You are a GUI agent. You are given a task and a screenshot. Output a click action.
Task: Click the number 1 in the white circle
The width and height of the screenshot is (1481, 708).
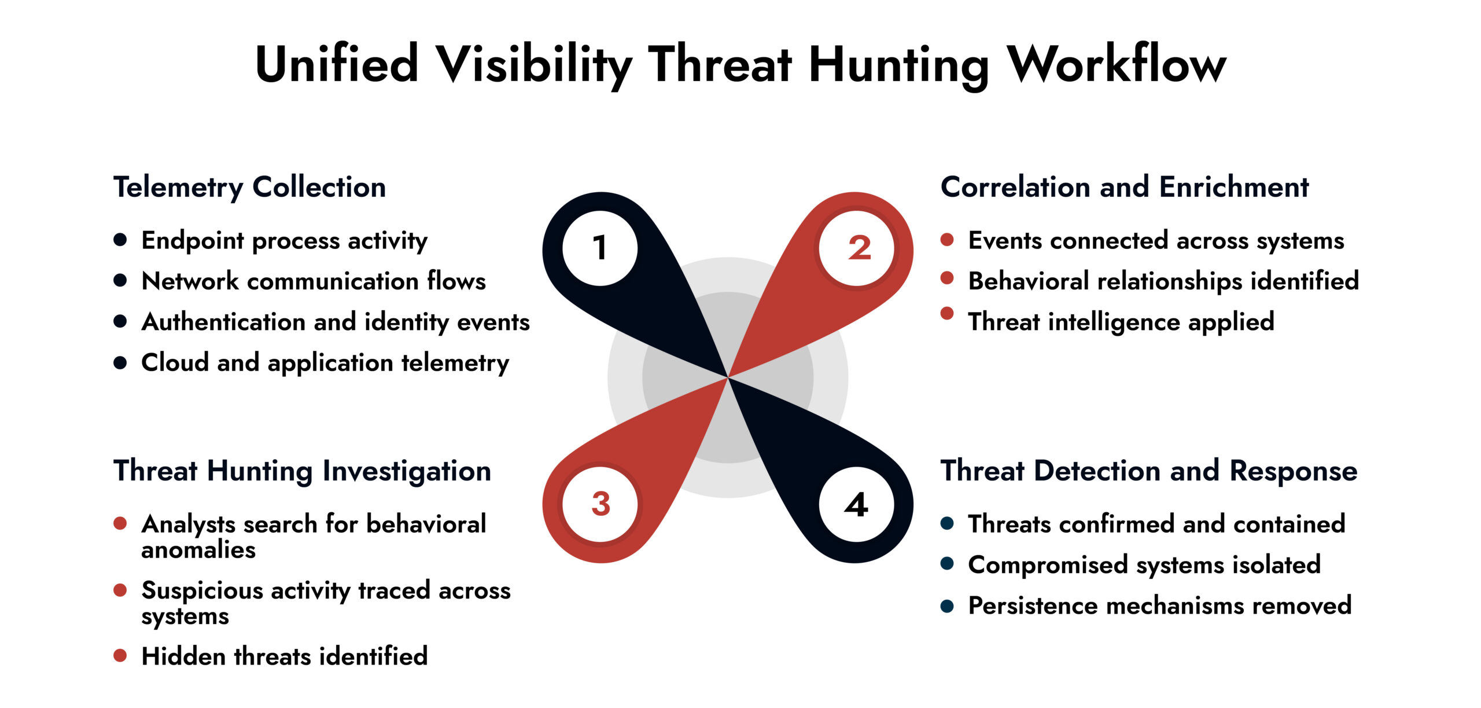pos(600,248)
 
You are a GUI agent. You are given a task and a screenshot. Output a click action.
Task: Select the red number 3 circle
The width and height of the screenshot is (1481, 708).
pos(600,504)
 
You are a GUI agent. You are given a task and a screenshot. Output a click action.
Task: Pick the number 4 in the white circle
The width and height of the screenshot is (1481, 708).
pos(856,505)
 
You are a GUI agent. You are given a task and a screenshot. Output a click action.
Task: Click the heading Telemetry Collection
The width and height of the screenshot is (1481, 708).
pos(249,187)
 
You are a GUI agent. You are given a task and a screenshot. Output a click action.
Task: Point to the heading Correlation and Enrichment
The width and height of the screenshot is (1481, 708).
pos(1124,187)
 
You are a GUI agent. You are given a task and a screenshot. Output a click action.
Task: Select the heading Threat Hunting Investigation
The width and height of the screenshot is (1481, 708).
pos(302,471)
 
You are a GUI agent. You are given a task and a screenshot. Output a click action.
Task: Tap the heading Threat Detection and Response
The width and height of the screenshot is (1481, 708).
pos(1148,471)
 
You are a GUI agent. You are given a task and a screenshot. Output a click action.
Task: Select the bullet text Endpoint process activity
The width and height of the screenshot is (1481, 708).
pos(284,241)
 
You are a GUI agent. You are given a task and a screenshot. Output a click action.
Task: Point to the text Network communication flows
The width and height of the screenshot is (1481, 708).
pos(313,281)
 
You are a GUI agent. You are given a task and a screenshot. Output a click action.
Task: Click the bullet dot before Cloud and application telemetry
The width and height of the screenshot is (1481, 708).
pos(120,362)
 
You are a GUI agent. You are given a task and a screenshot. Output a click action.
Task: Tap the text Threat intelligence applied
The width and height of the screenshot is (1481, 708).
pos(1121,322)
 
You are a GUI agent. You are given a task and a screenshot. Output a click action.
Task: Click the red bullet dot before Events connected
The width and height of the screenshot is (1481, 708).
pos(947,239)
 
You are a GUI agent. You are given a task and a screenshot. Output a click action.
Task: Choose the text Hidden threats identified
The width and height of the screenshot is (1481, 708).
pos(284,656)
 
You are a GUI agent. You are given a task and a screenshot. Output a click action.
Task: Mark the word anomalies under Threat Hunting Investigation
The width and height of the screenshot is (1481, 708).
pos(198,550)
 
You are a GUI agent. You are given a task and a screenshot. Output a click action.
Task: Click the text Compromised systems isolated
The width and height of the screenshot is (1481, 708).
pos(1144,565)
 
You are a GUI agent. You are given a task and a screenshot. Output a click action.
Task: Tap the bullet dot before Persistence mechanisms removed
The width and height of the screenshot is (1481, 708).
pos(947,606)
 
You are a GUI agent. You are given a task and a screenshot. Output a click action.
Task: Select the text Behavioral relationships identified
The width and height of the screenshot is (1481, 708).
pos(1163,281)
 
